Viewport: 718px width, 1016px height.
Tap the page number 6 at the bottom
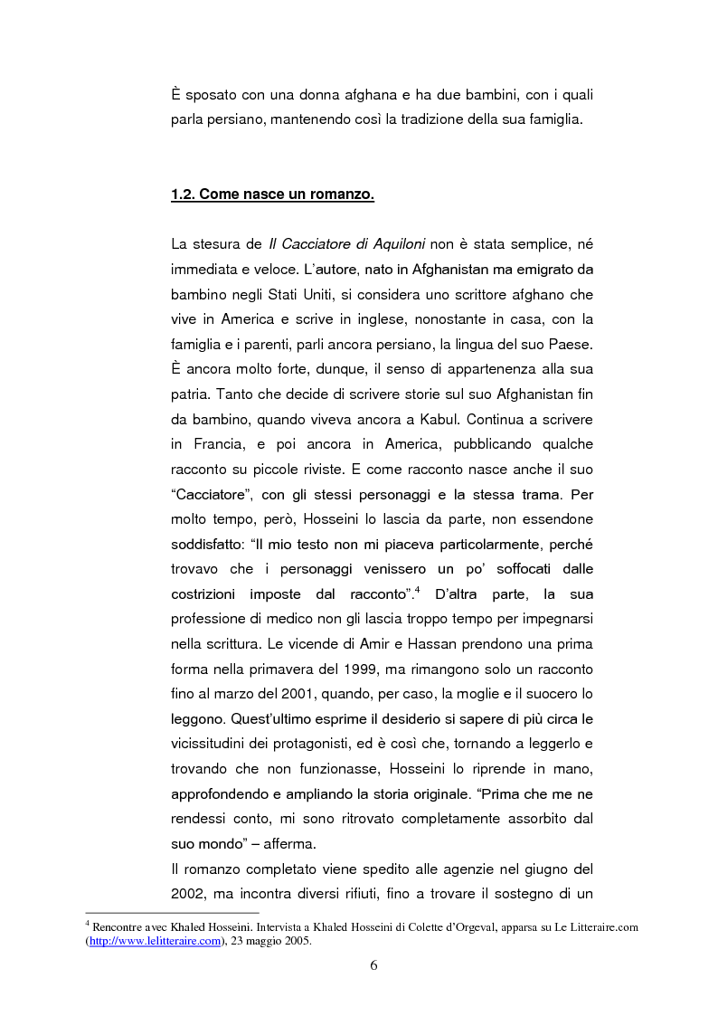pyautogui.click(x=373, y=964)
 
